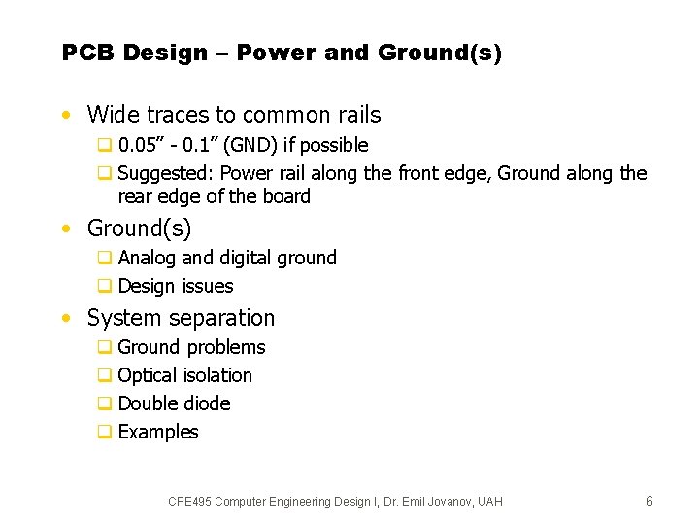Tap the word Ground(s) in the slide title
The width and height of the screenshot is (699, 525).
[440, 53]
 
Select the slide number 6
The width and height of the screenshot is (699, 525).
[649, 501]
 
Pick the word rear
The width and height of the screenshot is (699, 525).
[136, 196]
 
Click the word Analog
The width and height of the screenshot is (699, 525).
[147, 258]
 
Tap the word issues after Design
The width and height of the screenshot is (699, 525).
[208, 286]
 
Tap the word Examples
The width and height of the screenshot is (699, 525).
[158, 432]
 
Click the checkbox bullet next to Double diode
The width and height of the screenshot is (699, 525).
[104, 403]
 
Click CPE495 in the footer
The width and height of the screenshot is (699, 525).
[189, 502]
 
